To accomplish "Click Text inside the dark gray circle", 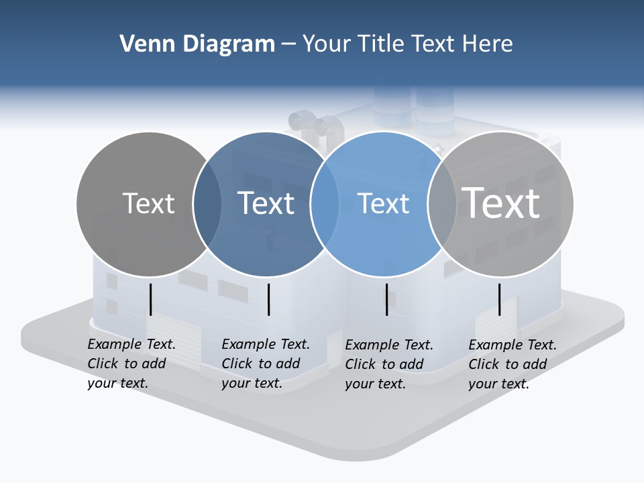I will click(148, 203).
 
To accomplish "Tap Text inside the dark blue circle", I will click(266, 203).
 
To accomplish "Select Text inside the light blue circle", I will click(383, 203).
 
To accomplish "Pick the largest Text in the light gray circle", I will click(501, 203).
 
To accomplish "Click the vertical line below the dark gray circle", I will click(150, 299).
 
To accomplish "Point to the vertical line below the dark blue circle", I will click(268, 299).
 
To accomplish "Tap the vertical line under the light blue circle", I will click(386, 299).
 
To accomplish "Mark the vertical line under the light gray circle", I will click(499, 299).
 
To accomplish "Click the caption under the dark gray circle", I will click(131, 364).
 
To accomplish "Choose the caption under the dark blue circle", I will click(266, 364).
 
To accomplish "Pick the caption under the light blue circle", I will click(389, 364).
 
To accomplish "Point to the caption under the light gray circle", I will click(513, 364).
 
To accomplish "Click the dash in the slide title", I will click(288, 44).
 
